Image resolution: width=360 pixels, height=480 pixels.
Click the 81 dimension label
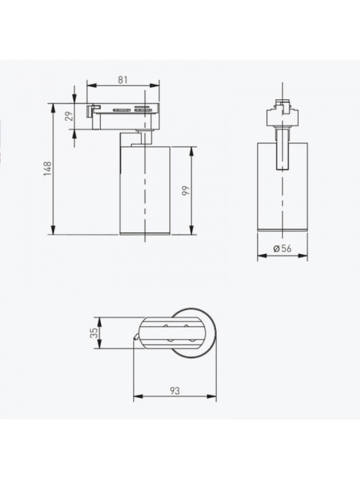pyautogui.click(x=122, y=80)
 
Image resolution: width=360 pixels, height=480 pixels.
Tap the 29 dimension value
pyautogui.click(x=70, y=117)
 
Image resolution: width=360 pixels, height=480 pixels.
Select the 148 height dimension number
pyautogui.click(x=48, y=168)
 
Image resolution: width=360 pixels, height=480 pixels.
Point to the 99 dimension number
pyautogui.click(x=186, y=191)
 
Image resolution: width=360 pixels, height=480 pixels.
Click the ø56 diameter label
pyautogui.click(x=282, y=248)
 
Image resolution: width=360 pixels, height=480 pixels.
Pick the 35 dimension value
pyautogui.click(x=94, y=332)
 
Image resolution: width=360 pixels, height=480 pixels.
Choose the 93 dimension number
pyautogui.click(x=175, y=391)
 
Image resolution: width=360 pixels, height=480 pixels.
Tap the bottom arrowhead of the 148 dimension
pyautogui.click(x=53, y=230)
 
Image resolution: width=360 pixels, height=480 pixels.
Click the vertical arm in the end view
pyautogui.click(x=282, y=149)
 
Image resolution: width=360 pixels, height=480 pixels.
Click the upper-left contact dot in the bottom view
pyautogui.click(x=166, y=326)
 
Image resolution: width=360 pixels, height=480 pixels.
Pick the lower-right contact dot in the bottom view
pyautogui.click(x=192, y=340)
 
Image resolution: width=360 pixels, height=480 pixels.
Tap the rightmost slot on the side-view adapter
pyautogui.click(x=143, y=109)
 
